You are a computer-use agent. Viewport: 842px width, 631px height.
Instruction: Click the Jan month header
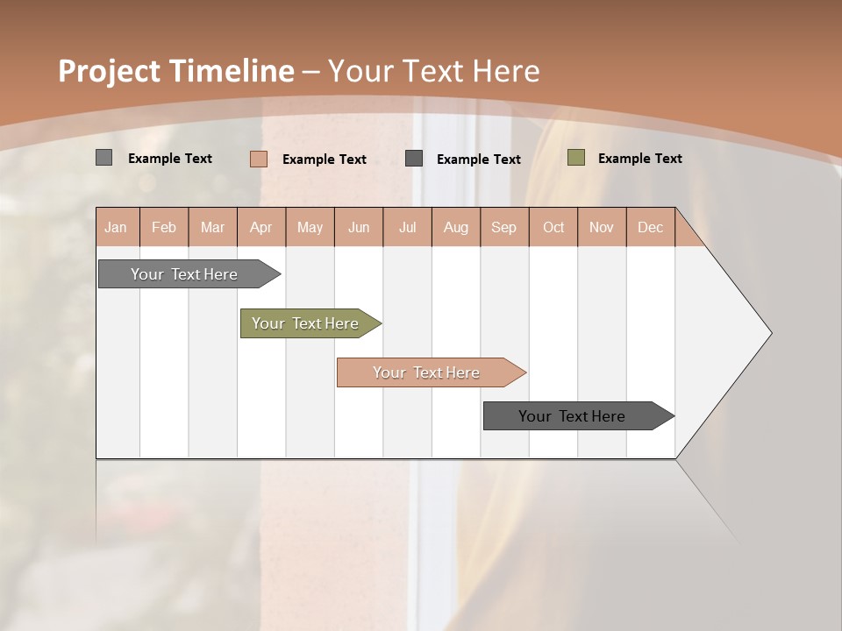tap(116, 227)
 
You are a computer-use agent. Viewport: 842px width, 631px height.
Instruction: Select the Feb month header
tap(164, 227)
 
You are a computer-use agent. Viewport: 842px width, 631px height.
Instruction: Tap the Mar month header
tap(212, 227)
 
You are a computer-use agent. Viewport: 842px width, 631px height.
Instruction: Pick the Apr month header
tap(260, 227)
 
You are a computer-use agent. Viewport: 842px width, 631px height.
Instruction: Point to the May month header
tap(310, 227)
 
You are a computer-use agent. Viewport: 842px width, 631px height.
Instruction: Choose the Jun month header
tap(359, 227)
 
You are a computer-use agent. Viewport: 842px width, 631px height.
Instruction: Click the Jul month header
tap(407, 227)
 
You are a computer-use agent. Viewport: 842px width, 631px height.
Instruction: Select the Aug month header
tap(456, 227)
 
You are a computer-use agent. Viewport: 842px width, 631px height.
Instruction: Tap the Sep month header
tap(503, 227)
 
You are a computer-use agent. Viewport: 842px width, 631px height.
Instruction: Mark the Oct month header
tap(553, 227)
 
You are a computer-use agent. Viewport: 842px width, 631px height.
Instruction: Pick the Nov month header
tap(602, 227)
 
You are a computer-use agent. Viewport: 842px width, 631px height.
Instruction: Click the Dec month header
tap(650, 227)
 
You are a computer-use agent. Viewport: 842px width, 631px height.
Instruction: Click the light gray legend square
tap(104, 158)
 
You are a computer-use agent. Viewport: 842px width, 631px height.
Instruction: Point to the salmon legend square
tap(259, 159)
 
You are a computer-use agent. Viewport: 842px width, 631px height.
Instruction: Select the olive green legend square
tap(576, 158)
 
